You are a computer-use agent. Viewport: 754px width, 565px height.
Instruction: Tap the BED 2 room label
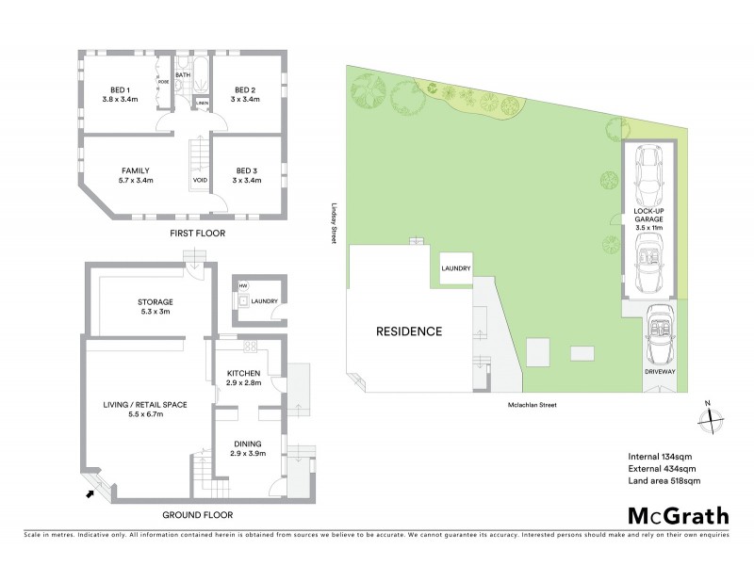click(x=244, y=90)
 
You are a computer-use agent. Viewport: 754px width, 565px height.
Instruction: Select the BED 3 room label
click(x=244, y=170)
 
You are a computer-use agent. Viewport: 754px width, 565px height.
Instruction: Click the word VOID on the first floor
click(x=200, y=180)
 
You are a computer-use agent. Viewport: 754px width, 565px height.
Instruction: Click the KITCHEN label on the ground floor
click(x=244, y=373)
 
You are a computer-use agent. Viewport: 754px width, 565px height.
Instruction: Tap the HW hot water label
click(x=242, y=286)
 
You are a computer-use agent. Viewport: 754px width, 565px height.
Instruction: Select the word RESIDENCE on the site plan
click(x=409, y=331)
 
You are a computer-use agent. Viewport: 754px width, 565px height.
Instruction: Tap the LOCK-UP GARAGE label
click(x=649, y=218)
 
